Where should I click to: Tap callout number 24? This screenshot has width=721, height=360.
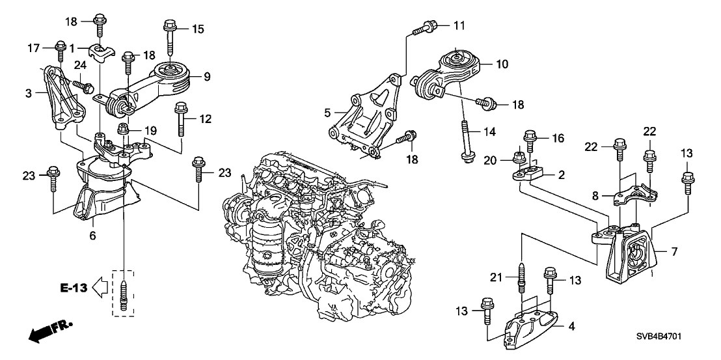[80, 64]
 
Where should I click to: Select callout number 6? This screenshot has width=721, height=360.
[92, 236]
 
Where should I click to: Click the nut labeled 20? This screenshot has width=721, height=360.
[519, 157]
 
